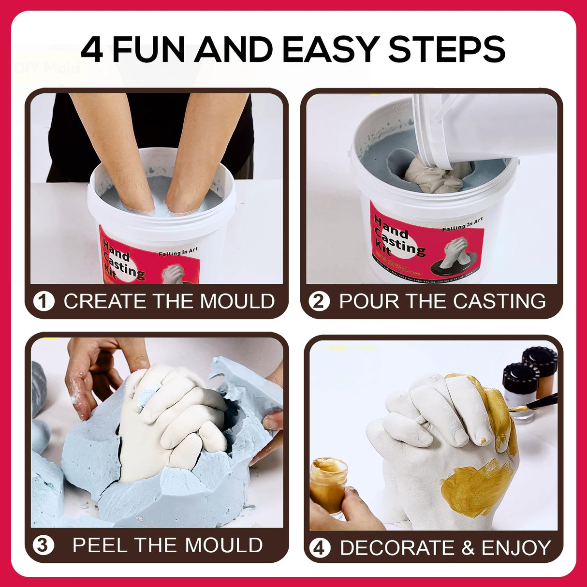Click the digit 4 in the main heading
(92, 50)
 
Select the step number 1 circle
(44, 302)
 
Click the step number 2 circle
(319, 301)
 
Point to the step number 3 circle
(43, 545)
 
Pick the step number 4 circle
(320, 548)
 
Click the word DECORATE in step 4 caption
(397, 548)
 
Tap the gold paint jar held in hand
(328, 484)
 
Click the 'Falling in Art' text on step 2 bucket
(462, 224)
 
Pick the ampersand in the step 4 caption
(468, 548)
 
